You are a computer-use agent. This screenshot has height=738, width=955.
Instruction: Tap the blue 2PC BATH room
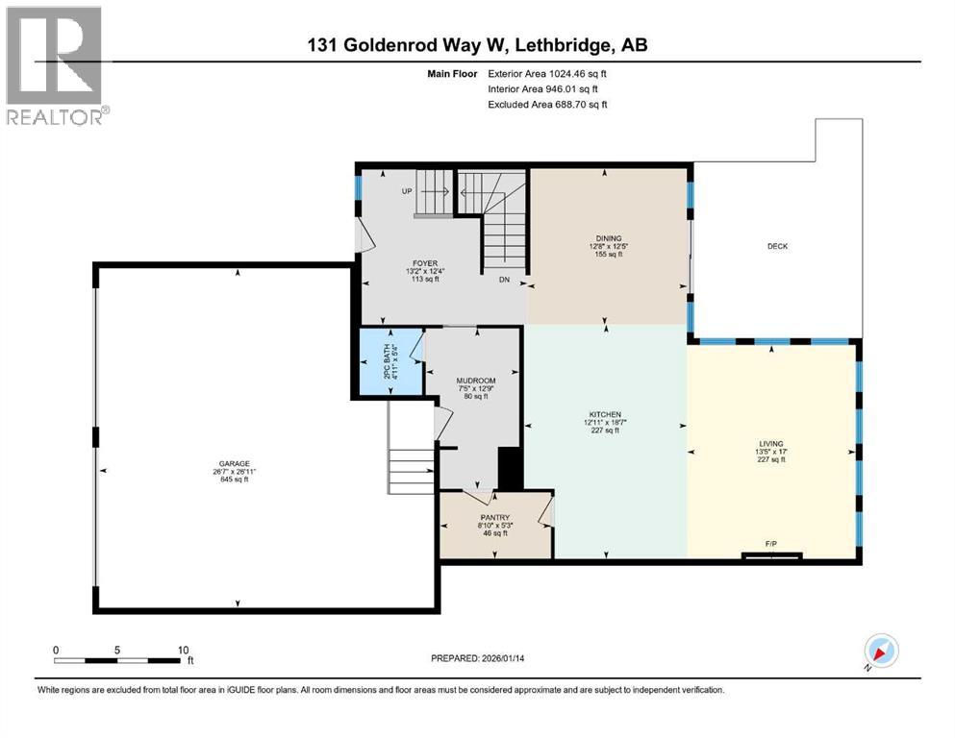tap(390, 360)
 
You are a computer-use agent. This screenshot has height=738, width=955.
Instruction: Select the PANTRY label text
tap(495, 517)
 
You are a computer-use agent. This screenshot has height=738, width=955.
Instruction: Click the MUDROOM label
tap(475, 381)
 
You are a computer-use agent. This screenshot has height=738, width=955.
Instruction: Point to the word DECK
tap(777, 247)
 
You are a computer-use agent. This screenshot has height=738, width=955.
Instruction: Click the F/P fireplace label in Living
tap(770, 545)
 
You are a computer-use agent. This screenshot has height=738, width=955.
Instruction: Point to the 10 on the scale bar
tap(183, 649)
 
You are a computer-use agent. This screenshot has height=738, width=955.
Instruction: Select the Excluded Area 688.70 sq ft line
tap(546, 104)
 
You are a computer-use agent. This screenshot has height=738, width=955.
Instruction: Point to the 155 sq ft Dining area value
tap(608, 255)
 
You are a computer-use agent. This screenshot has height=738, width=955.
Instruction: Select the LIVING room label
tap(770, 444)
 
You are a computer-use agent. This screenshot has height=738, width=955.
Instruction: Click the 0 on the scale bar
tap(56, 649)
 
